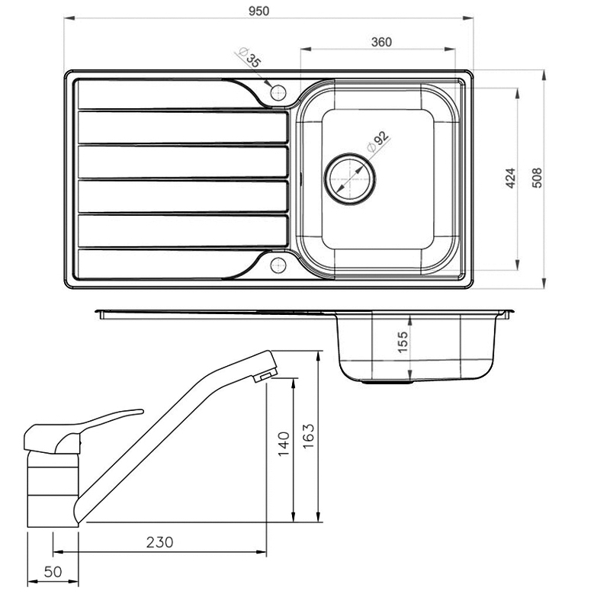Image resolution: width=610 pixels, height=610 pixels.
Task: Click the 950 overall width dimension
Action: (258, 11)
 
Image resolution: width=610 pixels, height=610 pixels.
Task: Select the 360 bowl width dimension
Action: (381, 42)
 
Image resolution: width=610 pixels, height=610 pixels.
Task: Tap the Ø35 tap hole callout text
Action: (250, 57)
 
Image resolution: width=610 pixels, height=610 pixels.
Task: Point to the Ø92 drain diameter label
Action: (377, 142)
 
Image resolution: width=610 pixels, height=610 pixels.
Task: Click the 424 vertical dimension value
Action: (510, 178)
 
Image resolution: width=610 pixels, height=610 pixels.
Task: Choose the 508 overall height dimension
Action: (537, 178)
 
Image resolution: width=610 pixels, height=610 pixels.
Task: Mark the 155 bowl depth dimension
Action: (403, 342)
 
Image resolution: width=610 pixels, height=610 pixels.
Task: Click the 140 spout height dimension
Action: (284, 444)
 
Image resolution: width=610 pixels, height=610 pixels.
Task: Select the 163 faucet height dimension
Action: (308, 436)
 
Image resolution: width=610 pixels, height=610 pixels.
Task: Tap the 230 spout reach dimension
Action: (159, 542)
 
